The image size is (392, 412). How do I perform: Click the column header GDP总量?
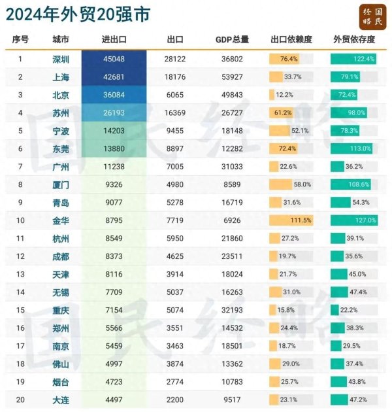click(232, 39)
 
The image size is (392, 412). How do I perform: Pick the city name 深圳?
click(61, 59)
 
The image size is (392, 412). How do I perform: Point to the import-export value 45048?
click(114, 59)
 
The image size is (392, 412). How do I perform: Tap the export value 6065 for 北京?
click(176, 95)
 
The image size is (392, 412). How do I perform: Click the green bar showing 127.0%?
click(353, 220)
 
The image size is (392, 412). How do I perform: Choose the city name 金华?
click(61, 220)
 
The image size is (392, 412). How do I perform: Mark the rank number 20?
click(20, 400)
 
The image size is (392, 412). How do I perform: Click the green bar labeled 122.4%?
click(353, 59)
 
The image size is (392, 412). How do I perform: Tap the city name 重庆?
click(61, 310)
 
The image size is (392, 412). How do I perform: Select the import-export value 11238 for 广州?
click(114, 167)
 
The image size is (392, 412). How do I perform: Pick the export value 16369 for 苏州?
click(176, 112)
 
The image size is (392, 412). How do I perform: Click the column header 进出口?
click(114, 39)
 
